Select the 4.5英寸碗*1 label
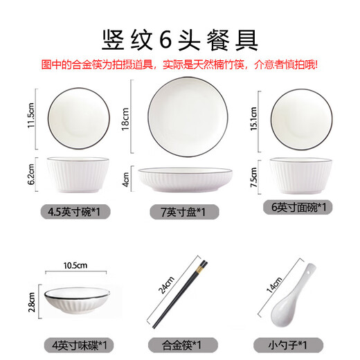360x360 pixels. [73, 208]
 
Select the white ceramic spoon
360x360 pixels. [296, 298]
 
